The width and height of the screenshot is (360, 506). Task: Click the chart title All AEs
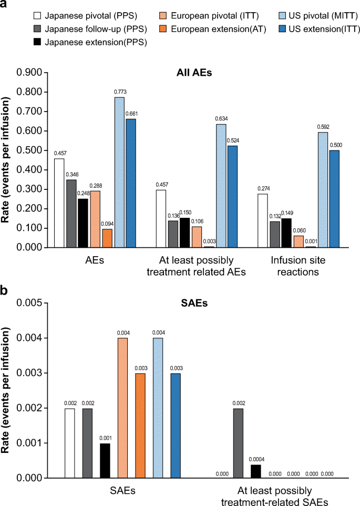[x=193, y=73]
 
